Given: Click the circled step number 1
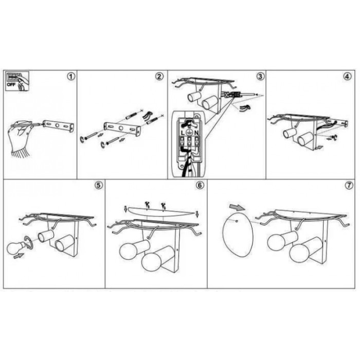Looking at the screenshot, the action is (x=71, y=76).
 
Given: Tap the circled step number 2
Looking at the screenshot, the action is (x=159, y=76).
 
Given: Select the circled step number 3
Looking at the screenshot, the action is (x=260, y=76).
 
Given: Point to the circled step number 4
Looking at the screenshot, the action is (x=347, y=76).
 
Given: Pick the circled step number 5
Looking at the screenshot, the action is (x=99, y=185).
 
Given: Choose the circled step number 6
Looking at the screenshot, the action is (x=200, y=185).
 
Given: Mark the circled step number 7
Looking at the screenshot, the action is (x=349, y=185).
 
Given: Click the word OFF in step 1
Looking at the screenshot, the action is (x=11, y=84).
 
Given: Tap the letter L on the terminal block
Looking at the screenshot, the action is (x=183, y=133).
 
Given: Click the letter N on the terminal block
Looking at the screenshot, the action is (x=196, y=133).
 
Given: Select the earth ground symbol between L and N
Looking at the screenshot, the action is (x=189, y=133).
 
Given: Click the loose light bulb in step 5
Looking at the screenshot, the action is (x=16, y=248).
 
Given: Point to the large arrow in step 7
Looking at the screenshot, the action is (x=237, y=207).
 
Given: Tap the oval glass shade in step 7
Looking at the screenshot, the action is (x=238, y=234).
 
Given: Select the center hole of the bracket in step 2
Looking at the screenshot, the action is (x=121, y=128).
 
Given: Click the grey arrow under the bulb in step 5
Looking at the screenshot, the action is (x=19, y=256).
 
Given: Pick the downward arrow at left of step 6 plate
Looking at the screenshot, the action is (x=125, y=209).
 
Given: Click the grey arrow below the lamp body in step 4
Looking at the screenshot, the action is (x=319, y=148).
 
